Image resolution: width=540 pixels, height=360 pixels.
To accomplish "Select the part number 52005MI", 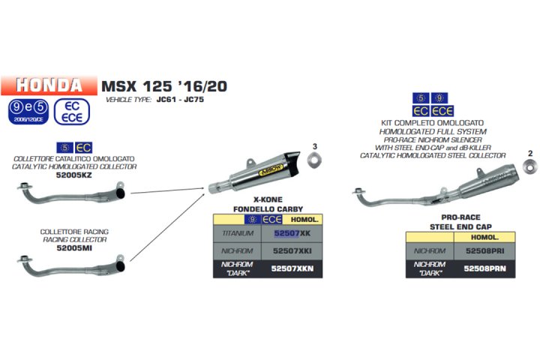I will (x=73, y=247).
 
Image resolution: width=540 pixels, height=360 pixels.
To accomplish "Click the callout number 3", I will (x=315, y=145).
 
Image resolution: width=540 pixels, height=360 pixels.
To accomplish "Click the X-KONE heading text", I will (x=267, y=200).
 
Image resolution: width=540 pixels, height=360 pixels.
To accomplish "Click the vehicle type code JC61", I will (x=165, y=99).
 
